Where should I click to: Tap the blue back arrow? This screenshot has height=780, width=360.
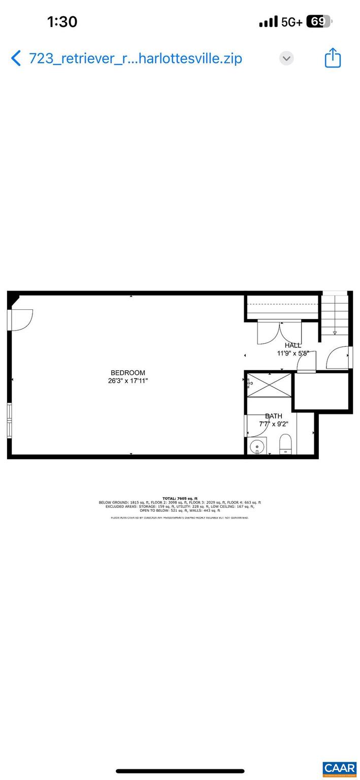(16, 58)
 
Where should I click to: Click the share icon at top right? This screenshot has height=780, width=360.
(333, 58)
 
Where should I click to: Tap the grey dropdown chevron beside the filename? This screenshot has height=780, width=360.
(286, 58)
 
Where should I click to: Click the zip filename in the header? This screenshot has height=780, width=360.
(136, 58)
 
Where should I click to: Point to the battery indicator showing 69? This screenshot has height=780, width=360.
(319, 22)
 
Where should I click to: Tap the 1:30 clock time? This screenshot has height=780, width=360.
(62, 22)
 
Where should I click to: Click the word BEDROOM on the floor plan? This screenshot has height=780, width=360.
(128, 373)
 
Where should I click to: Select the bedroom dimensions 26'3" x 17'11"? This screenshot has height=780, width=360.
(128, 381)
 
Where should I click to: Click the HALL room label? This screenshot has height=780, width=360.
(293, 345)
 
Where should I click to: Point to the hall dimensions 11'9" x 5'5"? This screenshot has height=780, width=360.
(293, 353)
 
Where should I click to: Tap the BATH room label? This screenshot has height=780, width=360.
(274, 416)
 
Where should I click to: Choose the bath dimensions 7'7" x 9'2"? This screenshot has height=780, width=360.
(274, 424)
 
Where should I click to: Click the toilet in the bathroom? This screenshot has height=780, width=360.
(285, 444)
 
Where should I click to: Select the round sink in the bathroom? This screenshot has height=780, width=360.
(257, 446)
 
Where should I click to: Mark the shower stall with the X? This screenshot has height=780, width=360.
(269, 385)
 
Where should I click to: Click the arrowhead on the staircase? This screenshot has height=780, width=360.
(335, 333)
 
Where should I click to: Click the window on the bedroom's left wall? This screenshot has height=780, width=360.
(9, 420)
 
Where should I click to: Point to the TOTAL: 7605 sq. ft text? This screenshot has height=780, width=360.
(180, 499)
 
